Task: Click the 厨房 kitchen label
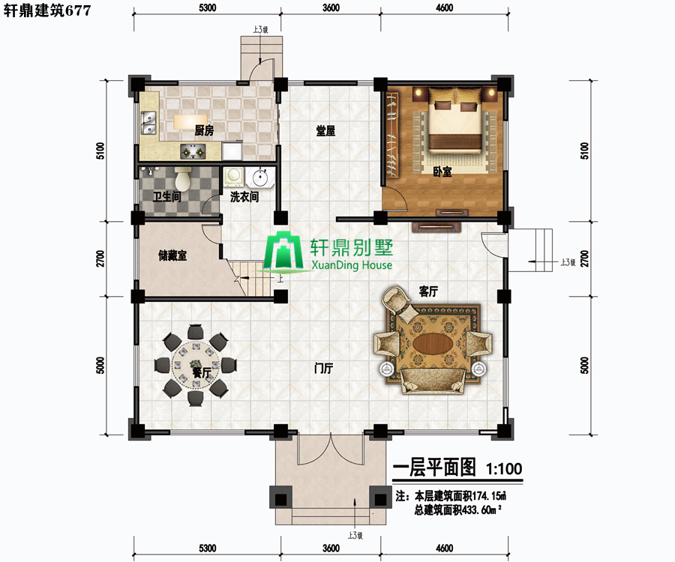pos(204,130)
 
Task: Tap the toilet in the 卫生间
pos(183,179)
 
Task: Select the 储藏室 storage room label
pos(172,256)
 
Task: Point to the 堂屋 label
pos(325,130)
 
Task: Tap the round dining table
pos(196,365)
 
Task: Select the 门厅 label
pos(323,368)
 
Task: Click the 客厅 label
pos(428,291)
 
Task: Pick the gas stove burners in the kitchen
pos(193,151)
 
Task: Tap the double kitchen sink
pos(148,123)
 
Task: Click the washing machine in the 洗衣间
pos(234,177)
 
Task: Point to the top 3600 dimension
pos(331,7)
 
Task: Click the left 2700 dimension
pos(100,259)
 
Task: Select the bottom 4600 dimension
pos(444,549)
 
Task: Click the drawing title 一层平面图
pos(435,468)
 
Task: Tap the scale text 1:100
pos(504,468)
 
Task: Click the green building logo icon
pos(283,252)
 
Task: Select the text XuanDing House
pos(352,265)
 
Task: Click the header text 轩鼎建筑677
pos(47,10)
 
